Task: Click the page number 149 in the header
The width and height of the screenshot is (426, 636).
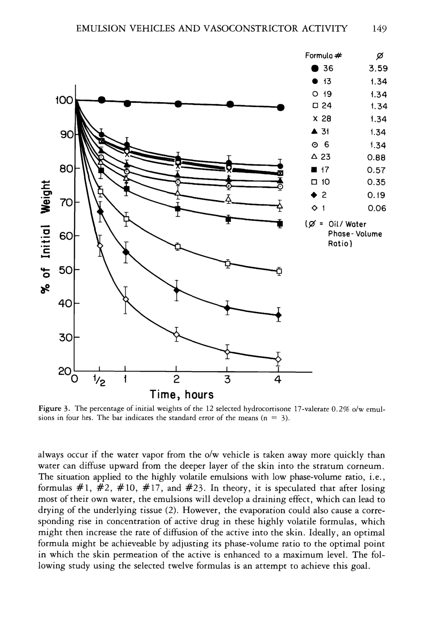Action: [379, 29]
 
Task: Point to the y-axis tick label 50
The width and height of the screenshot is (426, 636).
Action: [65, 270]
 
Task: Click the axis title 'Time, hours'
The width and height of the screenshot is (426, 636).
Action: [182, 395]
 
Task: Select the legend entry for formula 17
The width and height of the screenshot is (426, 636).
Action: [321, 170]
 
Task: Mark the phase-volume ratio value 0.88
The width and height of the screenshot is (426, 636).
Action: [376, 157]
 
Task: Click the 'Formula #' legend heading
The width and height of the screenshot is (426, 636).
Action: [323, 56]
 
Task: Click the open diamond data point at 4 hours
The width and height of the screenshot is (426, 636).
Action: [278, 359]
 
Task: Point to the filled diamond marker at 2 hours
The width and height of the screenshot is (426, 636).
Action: [177, 290]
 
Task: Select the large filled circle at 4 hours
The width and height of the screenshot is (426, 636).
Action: [281, 107]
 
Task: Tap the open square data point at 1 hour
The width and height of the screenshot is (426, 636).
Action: [126, 219]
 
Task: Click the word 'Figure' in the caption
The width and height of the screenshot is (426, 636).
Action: [49, 408]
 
